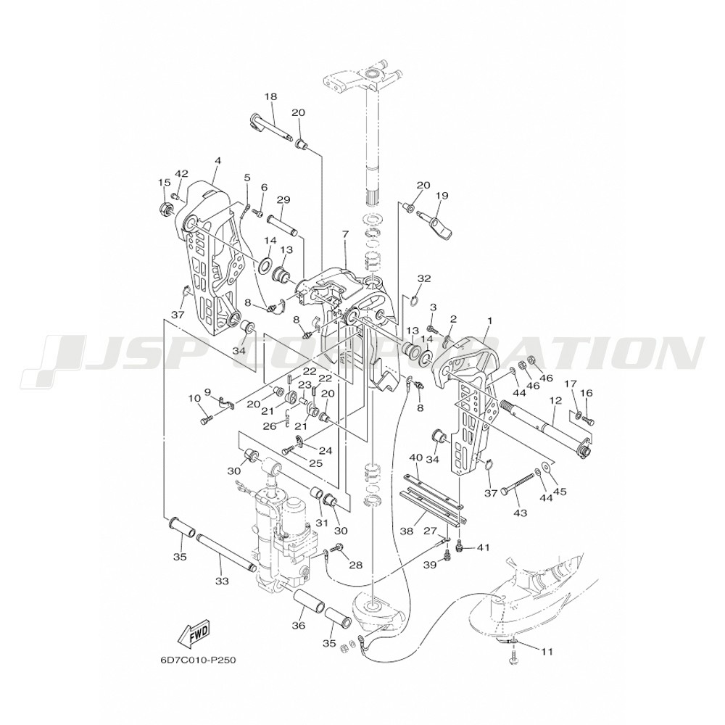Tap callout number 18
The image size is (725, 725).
tap(271, 96)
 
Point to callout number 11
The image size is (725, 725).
tap(546, 651)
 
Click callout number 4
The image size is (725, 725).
tap(217, 160)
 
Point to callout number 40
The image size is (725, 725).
tap(415, 457)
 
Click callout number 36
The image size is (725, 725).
tap(297, 626)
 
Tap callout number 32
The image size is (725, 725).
tap(424, 278)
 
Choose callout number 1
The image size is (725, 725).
tap(490, 320)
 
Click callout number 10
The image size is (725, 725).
tap(194, 398)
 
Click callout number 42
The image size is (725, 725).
tap(181, 173)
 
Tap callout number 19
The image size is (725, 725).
tap(442, 195)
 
